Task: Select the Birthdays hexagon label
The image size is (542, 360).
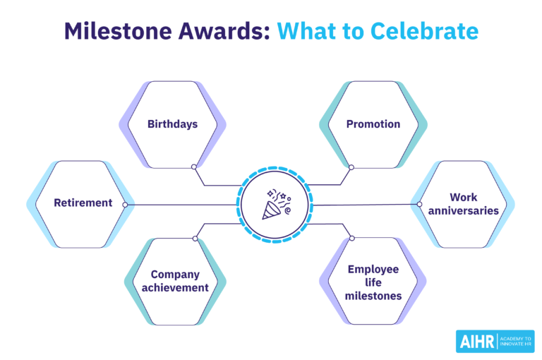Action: coord(172,124)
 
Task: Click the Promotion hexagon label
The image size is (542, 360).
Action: coord(373,124)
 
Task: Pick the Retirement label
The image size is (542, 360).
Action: coord(83,203)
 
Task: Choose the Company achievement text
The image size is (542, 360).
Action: coord(175,281)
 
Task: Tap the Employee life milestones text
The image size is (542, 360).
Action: coord(373,282)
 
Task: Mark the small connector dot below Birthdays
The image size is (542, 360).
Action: coord(194,167)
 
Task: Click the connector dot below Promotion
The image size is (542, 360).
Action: coord(351,167)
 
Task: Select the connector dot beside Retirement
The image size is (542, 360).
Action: coord(125,205)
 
